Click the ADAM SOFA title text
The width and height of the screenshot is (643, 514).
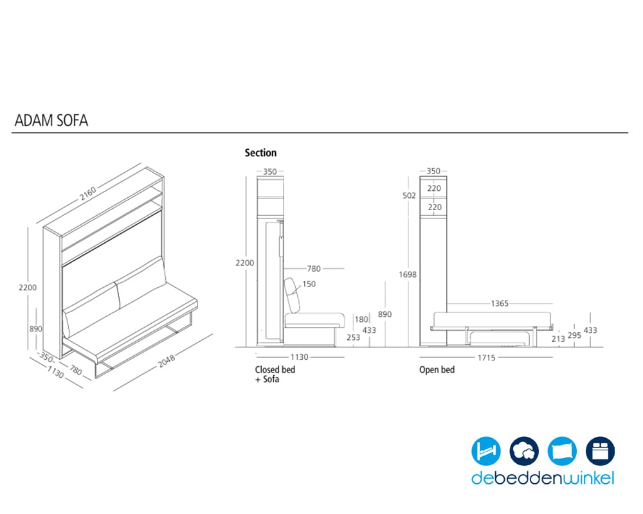coord(51,121)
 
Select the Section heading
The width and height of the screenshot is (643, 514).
coord(261,152)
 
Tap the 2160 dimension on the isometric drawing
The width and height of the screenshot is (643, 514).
coord(87,193)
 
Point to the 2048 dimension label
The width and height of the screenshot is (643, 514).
coord(167,360)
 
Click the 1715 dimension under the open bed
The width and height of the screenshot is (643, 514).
coord(486,358)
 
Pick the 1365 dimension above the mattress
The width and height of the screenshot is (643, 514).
coord(500,303)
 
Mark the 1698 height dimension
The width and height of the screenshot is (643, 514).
coord(408,274)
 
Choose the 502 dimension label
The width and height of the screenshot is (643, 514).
coord(409,195)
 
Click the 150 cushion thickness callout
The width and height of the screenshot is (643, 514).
coord(309,283)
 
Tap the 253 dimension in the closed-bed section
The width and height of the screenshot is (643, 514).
coord(353,337)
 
